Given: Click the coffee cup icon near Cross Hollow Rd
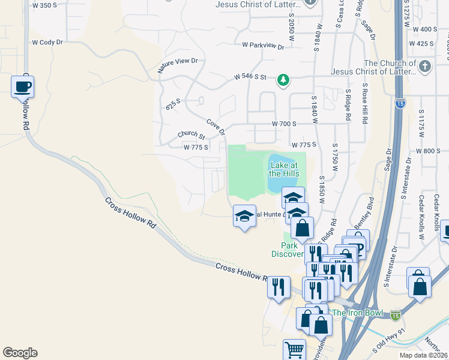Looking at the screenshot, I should point(22,86).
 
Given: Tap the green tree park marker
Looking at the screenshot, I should point(283,80).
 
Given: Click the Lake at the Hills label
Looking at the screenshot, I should point(283,169).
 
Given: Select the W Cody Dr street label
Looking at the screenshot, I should point(47,43).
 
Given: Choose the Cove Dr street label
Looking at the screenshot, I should point(215,127).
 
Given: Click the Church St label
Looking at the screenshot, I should point(191,136).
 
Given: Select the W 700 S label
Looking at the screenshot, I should point(284,124).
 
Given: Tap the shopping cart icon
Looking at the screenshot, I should point(294,350).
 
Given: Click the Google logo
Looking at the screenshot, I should point(20,353).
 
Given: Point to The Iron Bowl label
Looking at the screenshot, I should point(358,312).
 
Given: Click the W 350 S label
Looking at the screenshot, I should point(45,5).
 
